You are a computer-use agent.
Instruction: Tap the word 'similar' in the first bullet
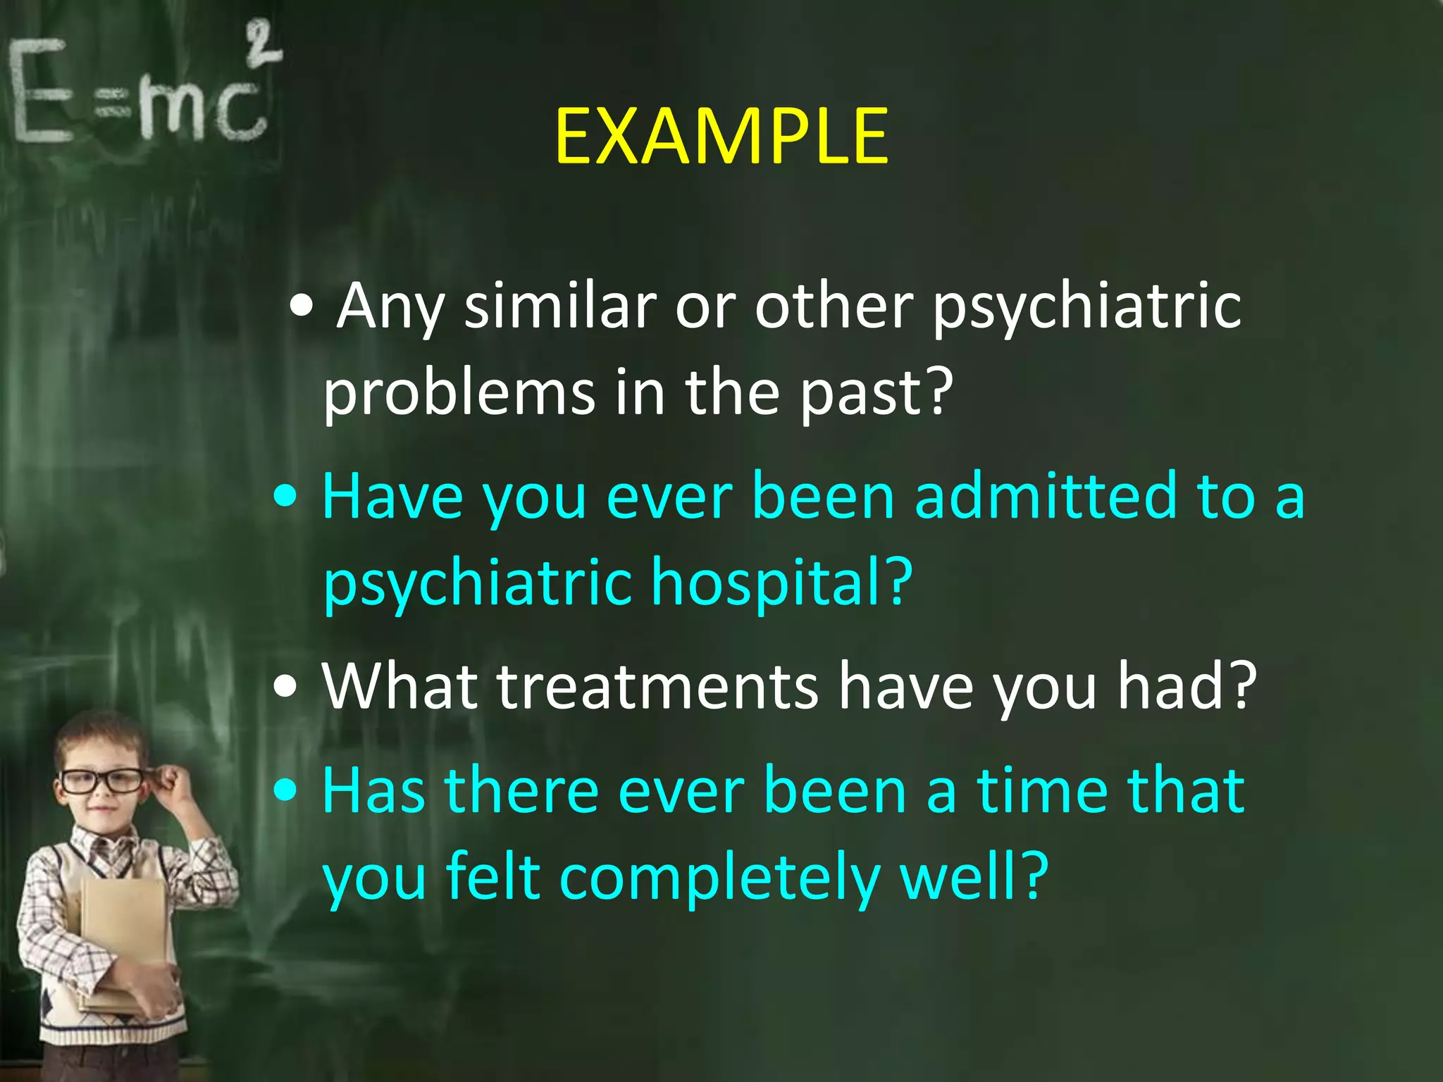559,306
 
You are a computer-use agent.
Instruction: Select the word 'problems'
459,392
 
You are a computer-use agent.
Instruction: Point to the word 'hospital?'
781,583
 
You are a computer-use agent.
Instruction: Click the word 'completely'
719,878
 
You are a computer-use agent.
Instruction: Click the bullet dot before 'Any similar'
302,308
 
